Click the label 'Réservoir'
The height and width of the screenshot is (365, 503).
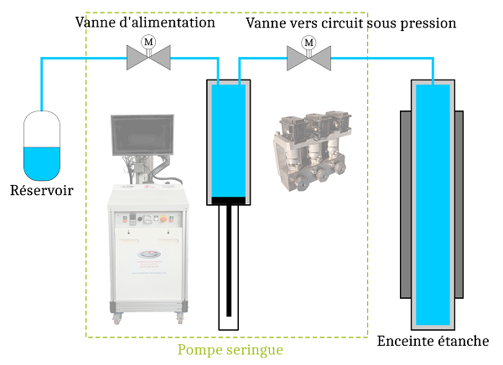pos(41,191)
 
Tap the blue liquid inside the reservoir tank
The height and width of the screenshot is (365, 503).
pos(42,162)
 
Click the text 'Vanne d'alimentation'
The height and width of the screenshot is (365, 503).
pos(145,23)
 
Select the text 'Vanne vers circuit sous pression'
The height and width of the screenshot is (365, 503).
pos(351,23)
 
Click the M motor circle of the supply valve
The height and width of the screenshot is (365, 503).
pos(148,42)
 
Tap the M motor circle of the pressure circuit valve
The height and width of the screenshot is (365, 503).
pos(309,42)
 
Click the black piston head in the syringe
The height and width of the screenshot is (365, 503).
pos(229,200)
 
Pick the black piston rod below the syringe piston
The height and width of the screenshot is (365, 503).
pos(229,260)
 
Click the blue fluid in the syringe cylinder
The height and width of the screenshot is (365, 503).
pos(229,138)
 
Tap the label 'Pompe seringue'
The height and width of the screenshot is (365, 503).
pos(230,349)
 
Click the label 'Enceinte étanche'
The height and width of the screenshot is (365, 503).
pos(433,341)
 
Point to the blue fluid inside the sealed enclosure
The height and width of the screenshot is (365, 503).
pos(433,201)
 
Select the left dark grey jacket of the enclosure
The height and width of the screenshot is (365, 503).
pos(404,205)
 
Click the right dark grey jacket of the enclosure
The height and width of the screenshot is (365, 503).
pos(463,205)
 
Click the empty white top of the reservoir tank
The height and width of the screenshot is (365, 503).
pos(42,130)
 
